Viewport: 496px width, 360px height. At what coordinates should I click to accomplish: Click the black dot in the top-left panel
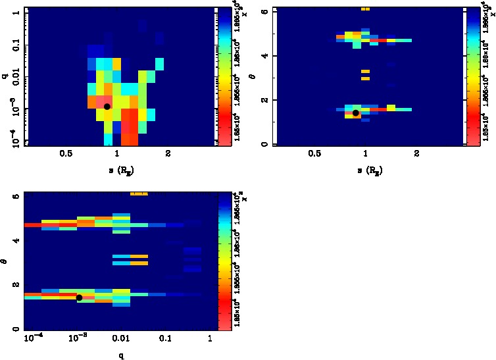click(x=107, y=106)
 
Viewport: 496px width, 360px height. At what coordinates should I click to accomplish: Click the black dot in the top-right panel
click(x=356, y=113)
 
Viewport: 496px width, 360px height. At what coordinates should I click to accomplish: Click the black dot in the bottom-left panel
click(x=79, y=297)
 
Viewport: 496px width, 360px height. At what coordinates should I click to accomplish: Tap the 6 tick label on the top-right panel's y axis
click(x=263, y=12)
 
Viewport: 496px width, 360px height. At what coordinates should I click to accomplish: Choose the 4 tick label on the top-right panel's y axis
click(x=263, y=56)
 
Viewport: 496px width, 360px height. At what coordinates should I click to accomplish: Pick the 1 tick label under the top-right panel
click(x=366, y=154)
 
